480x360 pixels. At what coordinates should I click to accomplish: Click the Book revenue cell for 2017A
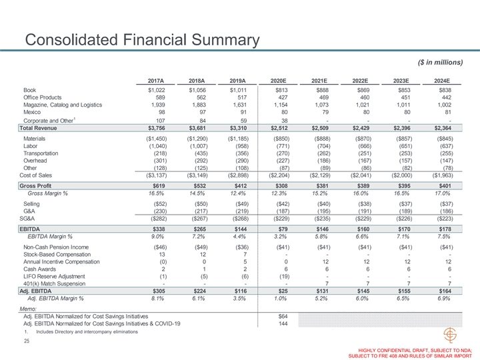pos(155,90)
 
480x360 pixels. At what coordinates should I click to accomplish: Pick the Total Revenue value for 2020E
pos(278,128)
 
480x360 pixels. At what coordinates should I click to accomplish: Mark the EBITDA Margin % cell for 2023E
pos(403,236)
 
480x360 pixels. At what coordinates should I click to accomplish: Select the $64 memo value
pos(283,315)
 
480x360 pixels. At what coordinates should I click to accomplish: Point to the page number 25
pos(27,341)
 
